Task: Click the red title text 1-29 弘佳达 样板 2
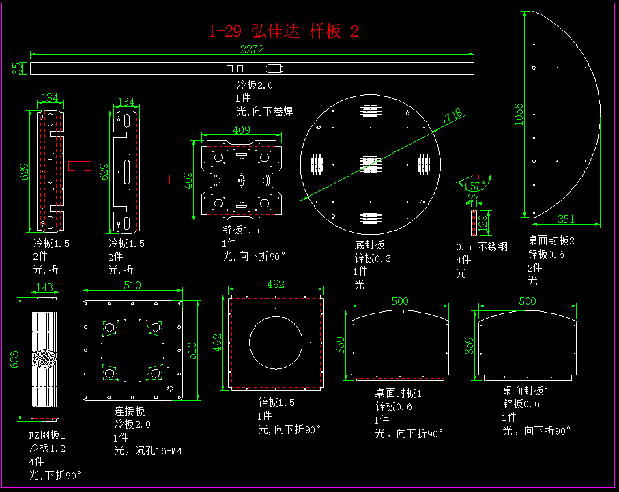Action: [283, 31]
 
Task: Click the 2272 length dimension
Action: [253, 49]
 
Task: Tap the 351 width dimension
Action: [566, 219]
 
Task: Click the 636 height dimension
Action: [16, 359]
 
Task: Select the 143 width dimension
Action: [44, 288]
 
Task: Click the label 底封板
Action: [369, 245]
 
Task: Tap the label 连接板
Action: [130, 411]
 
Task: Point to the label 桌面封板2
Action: [551, 241]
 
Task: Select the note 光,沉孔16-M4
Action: [148, 451]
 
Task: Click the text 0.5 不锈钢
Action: [481, 247]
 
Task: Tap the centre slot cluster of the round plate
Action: [369, 164]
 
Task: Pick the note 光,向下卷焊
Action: [265, 111]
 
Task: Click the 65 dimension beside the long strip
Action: [16, 68]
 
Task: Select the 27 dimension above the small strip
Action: [473, 198]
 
